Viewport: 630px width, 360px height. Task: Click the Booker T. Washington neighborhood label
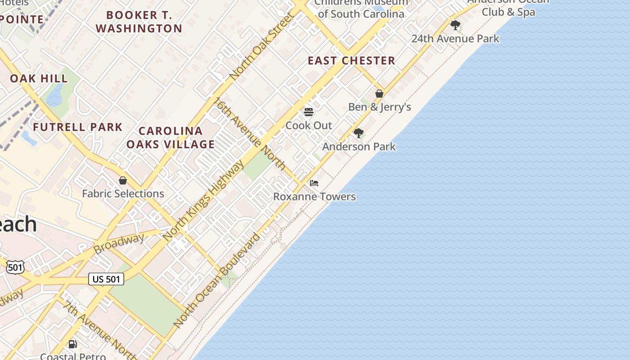[139, 22]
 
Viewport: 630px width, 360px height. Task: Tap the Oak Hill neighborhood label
[39, 78]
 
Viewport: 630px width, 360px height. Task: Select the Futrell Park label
[78, 127]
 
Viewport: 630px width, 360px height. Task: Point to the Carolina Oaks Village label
[171, 138]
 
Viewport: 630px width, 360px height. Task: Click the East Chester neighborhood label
[351, 61]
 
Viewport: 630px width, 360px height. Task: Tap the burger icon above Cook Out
[309, 112]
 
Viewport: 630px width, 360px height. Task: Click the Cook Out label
[309, 126]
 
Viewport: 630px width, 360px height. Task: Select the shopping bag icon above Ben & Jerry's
[379, 94]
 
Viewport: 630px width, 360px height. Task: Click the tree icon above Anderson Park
[359, 133]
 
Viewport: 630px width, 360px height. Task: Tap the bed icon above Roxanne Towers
[314, 183]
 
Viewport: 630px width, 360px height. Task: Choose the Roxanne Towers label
[315, 197]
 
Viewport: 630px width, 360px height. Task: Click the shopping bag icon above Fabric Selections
[123, 180]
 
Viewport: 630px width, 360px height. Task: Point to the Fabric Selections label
[123, 194]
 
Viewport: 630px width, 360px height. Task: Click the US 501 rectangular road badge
[106, 279]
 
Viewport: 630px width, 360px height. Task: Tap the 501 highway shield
[15, 267]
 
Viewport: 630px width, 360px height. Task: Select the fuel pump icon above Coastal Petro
[72, 344]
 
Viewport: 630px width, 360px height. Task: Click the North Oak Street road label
[262, 46]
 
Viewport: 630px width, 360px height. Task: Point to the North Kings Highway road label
[204, 200]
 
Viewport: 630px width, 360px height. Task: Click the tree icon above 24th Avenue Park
[455, 25]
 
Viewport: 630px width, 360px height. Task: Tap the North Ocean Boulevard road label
[217, 280]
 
